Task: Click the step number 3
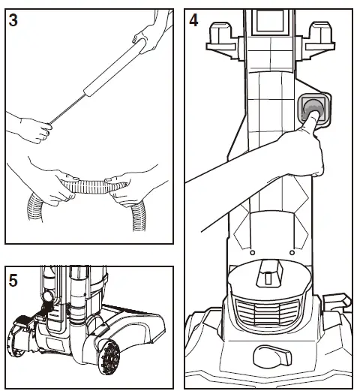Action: pos(13,20)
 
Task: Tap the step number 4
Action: pos(193,20)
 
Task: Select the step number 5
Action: pos(13,281)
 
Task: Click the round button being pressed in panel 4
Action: pos(313,110)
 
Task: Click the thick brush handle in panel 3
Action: pos(115,68)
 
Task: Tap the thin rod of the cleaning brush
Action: pos(67,109)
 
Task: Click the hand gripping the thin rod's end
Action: pos(36,130)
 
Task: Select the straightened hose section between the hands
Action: pos(94,187)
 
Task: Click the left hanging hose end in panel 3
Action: pos(34,207)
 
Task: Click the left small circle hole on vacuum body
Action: pos(252,253)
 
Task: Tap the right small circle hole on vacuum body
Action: pos(292,253)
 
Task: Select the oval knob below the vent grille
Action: pos(272,356)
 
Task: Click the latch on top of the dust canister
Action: pos(269,273)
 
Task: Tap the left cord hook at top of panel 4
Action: pos(222,41)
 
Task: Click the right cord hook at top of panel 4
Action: pos(320,41)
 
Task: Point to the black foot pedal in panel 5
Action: pos(24,320)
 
